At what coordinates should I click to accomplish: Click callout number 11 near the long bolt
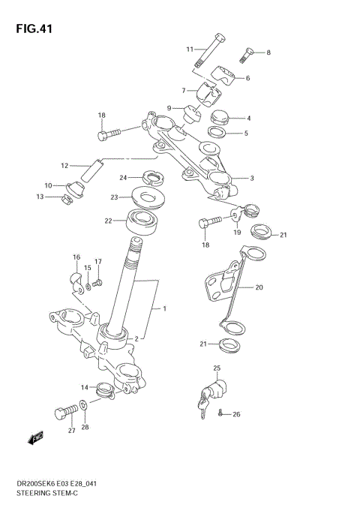pos(190,50)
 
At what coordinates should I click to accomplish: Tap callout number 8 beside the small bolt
pos(268,53)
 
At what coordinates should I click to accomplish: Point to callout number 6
pos(247,78)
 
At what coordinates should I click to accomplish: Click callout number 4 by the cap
pos(248,118)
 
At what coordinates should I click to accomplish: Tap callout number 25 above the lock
pos(217,368)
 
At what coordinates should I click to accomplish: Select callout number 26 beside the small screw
pos(236,414)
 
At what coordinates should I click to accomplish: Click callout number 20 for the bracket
pos(259,287)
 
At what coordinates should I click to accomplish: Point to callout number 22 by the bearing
pos(108,221)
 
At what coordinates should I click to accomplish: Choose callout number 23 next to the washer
pos(115,197)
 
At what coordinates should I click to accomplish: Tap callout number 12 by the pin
pos(65,165)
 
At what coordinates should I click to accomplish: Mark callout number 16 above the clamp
pos(76,257)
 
